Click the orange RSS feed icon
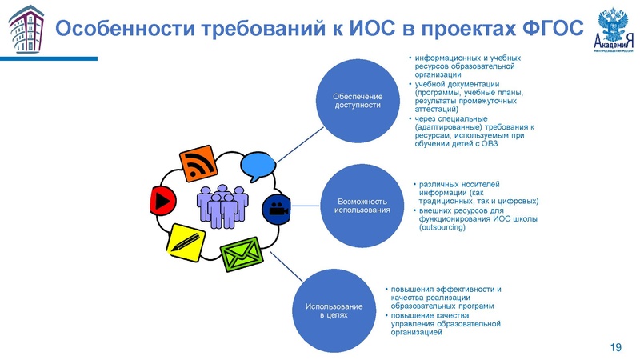coord(200,164)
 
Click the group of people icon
coord(222,206)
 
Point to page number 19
coord(615,346)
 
